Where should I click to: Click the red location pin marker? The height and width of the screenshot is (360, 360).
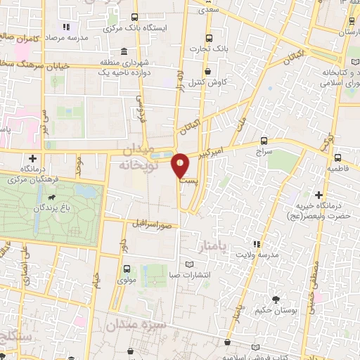click(x=181, y=167)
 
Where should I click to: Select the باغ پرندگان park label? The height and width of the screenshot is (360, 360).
click(x=51, y=207)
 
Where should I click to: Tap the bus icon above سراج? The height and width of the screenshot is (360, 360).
click(x=264, y=140)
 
